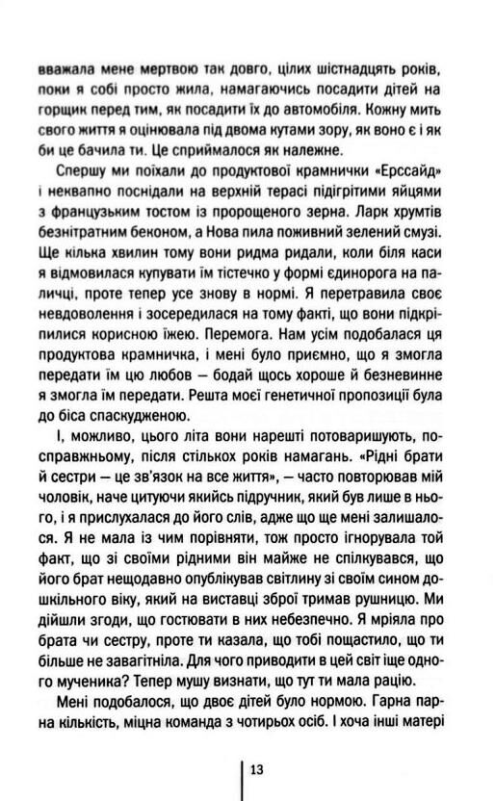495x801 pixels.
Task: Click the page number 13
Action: point(257,769)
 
